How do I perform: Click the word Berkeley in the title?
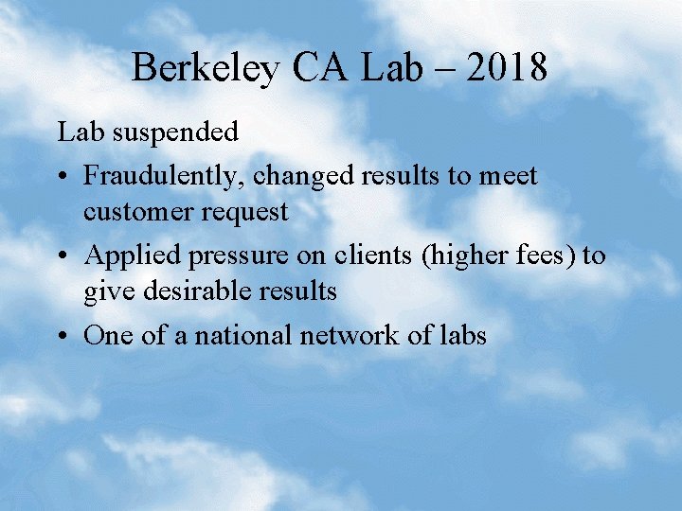[x=206, y=68]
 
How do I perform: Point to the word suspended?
[x=175, y=132]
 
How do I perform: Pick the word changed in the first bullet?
[x=302, y=175]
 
